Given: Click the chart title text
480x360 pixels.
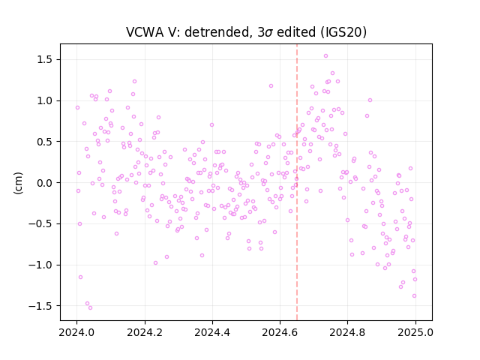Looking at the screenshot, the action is point(246,32).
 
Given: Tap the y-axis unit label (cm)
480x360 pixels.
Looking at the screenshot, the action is point(18,183).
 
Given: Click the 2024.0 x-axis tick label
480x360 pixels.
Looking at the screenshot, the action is point(76,332).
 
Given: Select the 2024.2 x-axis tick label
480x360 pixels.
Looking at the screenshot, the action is point(145,332).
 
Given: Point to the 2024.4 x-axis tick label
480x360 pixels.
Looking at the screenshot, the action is point(212,332).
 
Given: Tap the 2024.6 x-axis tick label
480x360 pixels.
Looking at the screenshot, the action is point(280,332).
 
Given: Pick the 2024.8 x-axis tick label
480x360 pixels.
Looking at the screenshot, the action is point(347,332).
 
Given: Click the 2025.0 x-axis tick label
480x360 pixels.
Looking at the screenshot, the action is point(415,332).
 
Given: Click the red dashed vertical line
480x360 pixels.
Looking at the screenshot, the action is point(297,182).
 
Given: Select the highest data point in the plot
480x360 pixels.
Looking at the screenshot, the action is point(325,56).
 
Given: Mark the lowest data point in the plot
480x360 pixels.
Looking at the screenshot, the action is point(90,308).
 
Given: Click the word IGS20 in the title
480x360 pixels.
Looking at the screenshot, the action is point(343,32).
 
